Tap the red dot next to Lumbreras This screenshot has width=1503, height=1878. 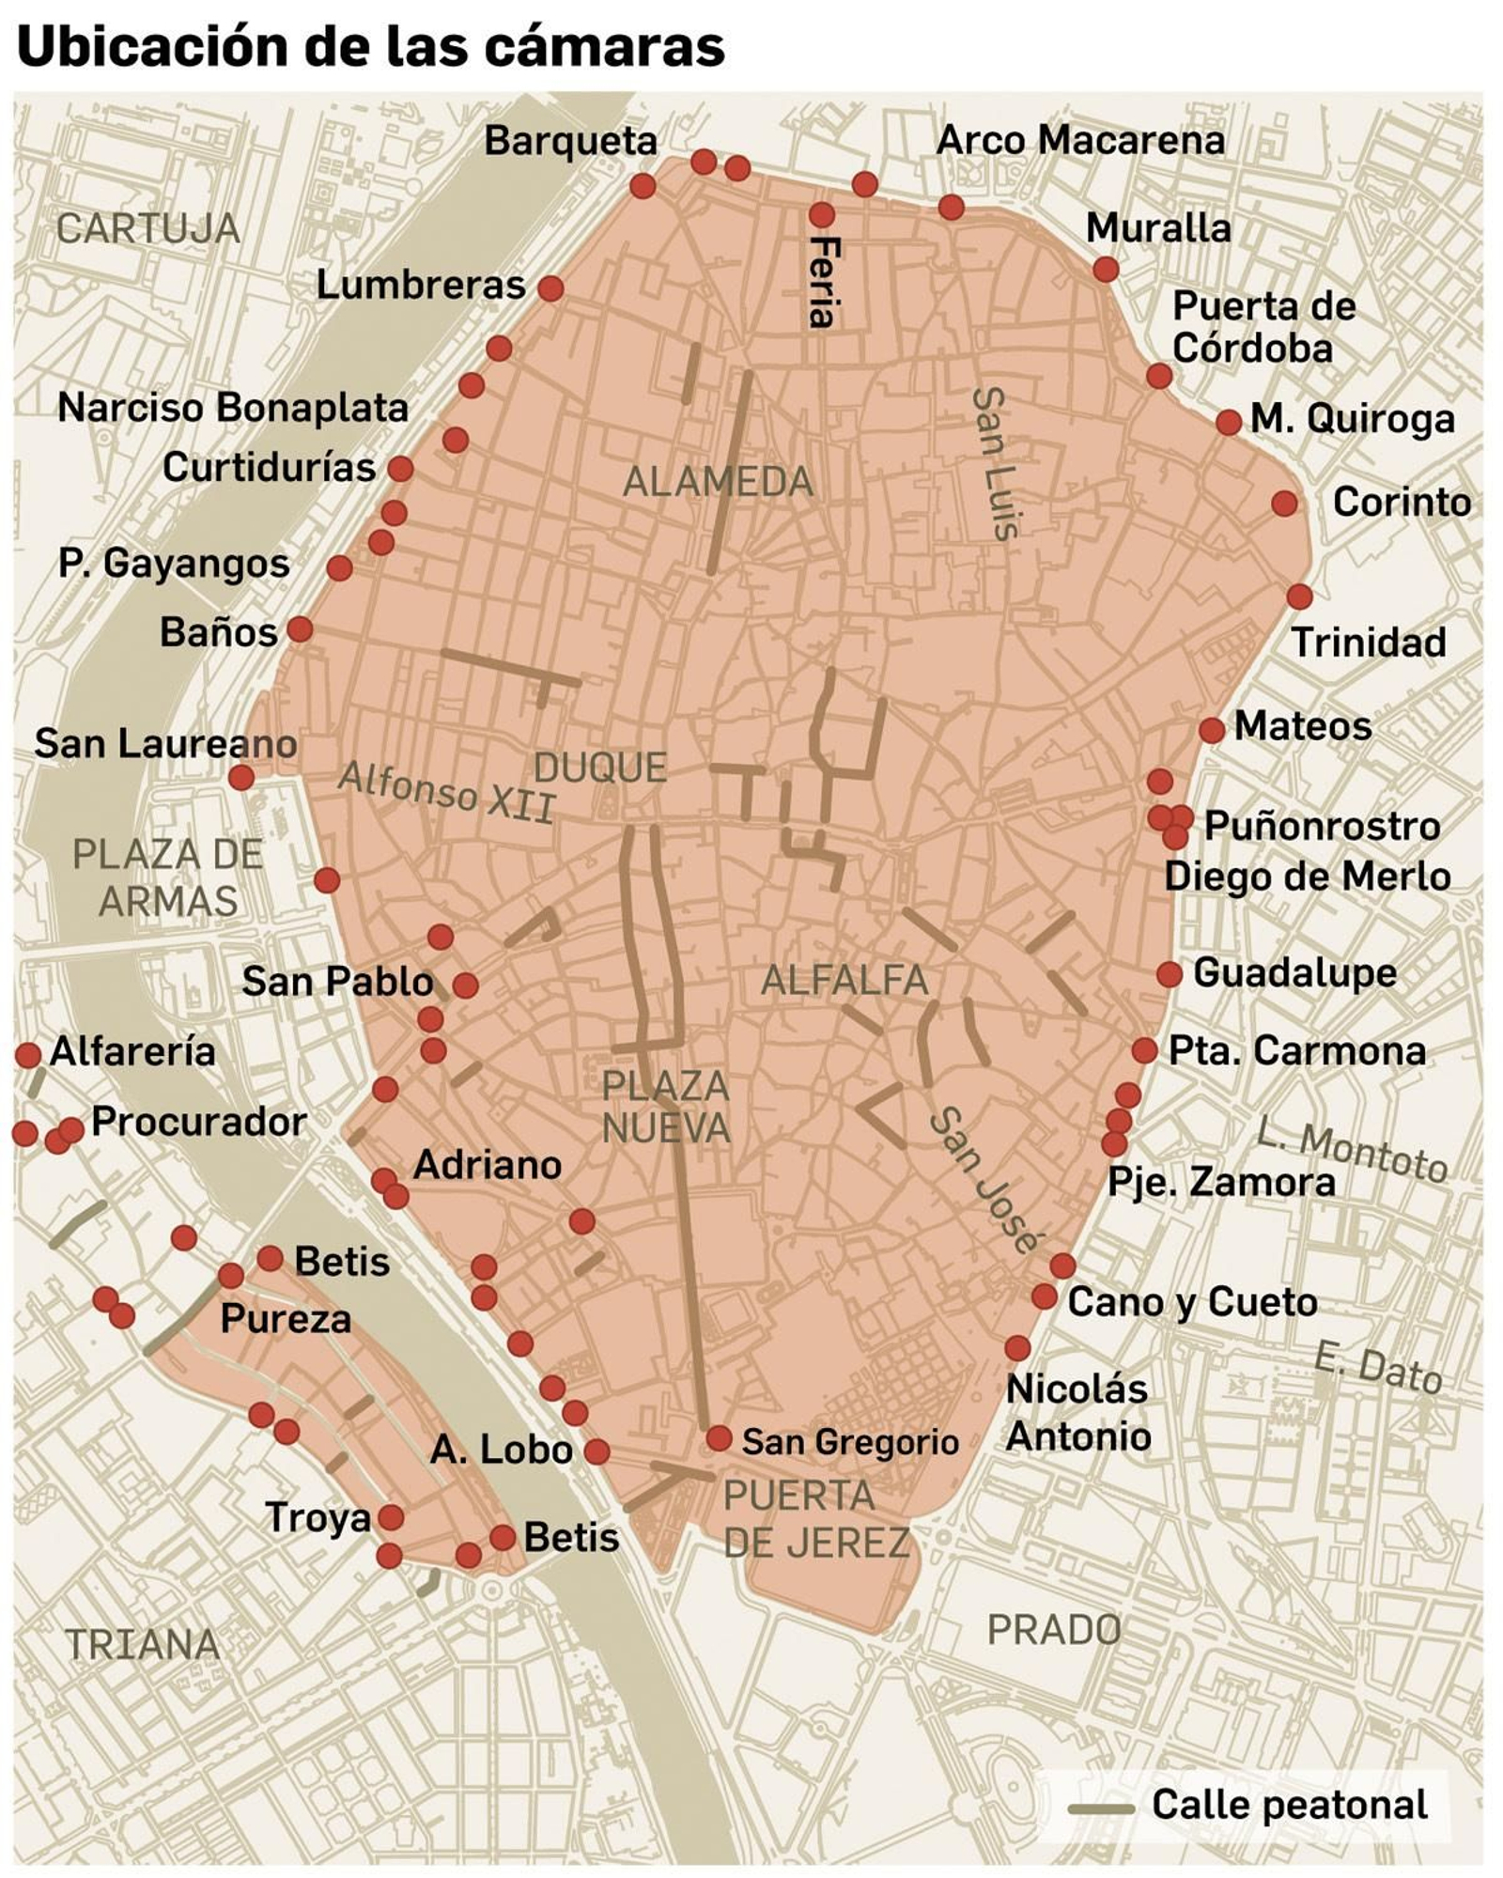click(550, 287)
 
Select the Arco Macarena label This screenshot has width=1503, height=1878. click(1080, 141)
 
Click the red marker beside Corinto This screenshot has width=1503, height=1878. click(1284, 504)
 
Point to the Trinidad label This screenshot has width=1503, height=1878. click(1368, 643)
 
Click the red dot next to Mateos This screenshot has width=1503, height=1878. click(1212, 729)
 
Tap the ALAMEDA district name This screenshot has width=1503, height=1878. click(718, 482)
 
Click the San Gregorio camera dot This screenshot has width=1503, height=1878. click(719, 1437)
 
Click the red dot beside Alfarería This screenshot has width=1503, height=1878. click(28, 1054)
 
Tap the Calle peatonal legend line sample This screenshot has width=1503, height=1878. click(1100, 1808)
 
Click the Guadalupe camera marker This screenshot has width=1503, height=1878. click(1169, 974)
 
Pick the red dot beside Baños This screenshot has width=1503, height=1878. click(300, 629)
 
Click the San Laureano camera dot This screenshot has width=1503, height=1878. click(241, 777)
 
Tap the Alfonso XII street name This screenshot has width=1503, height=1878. click(447, 791)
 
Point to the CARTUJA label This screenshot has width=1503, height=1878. click(148, 229)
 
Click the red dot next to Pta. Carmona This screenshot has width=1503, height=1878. click(1144, 1050)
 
